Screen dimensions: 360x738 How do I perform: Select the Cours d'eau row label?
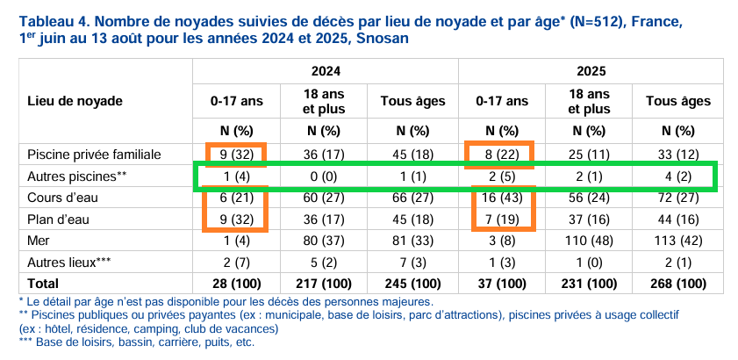point(56,198)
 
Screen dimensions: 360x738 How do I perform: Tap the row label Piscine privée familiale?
point(94,155)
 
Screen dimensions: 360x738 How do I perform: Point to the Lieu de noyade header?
point(75,101)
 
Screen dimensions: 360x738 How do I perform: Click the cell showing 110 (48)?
point(590,240)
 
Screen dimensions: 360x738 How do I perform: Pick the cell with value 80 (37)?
point(324,240)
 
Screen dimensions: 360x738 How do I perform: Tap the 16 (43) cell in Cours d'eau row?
point(502,198)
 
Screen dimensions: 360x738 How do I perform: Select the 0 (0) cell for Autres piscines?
point(324,176)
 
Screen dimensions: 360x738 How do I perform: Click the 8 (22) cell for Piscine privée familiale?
point(502,155)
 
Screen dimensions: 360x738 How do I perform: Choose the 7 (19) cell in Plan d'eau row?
point(502,219)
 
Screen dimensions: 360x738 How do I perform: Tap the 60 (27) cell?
point(324,198)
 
